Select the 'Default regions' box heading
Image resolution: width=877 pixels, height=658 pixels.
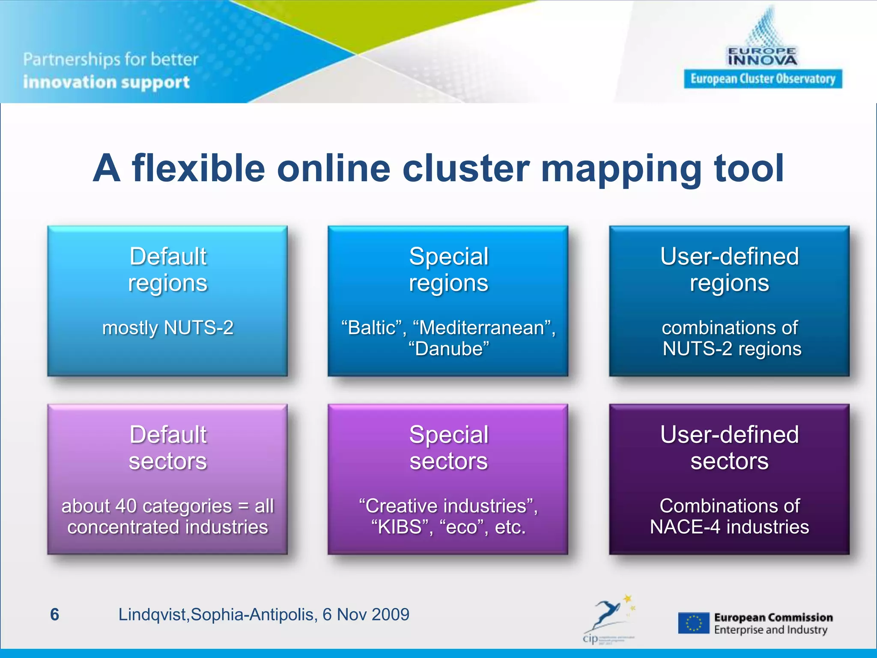168,269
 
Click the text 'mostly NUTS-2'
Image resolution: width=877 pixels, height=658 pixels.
168,328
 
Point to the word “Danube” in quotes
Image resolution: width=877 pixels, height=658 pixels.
448,349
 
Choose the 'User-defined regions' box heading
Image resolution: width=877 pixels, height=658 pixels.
729,269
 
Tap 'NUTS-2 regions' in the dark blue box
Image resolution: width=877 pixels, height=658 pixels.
732,349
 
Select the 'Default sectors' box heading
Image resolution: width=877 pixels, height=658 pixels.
168,448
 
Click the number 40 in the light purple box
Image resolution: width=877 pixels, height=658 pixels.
126,506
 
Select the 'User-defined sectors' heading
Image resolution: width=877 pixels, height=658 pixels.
729,448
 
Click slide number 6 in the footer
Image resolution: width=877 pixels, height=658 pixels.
55,615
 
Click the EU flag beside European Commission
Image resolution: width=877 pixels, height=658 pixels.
693,623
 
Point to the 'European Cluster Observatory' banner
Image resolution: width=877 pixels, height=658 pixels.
763,79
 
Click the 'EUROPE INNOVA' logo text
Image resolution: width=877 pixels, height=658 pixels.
762,57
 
